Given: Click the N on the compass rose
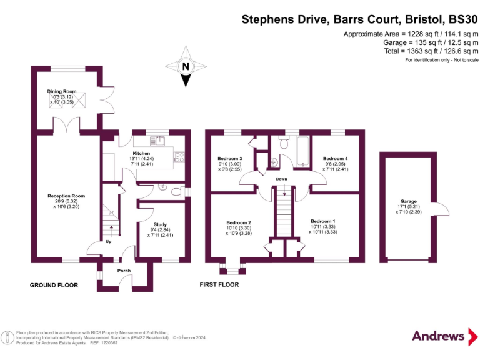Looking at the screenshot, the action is click(186, 66).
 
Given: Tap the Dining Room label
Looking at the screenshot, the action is click(62, 91).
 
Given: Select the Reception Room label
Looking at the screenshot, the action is click(66, 196).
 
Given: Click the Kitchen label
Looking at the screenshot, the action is click(141, 153).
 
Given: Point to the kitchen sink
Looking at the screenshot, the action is click(157, 141).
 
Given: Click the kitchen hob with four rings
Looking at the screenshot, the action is click(179, 157).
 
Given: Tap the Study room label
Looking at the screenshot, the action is click(160, 224).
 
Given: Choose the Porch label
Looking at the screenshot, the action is click(124, 271).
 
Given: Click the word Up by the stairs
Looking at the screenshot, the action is click(108, 241).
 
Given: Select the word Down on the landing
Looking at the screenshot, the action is click(281, 179).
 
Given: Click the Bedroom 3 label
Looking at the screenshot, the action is click(230, 158).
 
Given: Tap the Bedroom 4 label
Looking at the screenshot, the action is click(336, 158).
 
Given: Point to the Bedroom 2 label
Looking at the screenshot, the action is click(239, 222).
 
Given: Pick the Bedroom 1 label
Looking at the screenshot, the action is click(323, 221).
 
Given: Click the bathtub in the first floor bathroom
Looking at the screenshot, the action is click(302, 151).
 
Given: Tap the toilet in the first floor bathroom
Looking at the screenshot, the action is click(284, 142).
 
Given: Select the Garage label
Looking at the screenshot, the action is click(409, 201).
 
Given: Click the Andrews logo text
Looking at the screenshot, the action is click(438, 336).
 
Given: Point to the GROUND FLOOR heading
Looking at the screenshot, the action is click(54, 285).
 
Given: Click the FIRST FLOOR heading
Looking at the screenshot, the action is click(219, 284).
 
